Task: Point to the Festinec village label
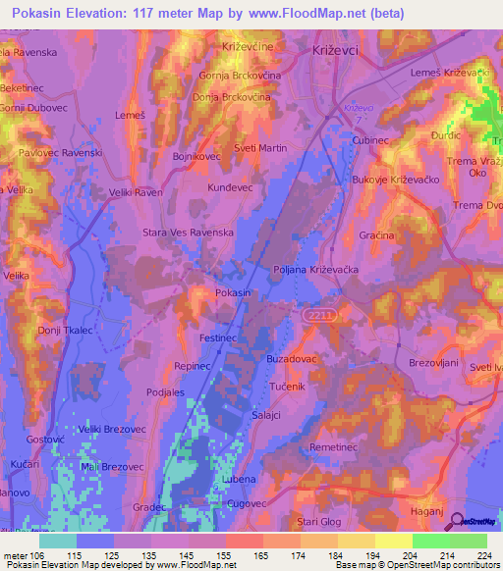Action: tap(219, 336)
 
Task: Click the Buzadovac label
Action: tap(290, 359)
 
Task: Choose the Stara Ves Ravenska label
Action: tap(188, 233)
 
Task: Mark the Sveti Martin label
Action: tap(259, 147)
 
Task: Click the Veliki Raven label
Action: tap(136, 193)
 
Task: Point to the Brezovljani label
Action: tap(434, 362)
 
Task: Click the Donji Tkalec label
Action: tap(65, 330)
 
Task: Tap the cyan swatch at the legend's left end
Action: tap(57, 541)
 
